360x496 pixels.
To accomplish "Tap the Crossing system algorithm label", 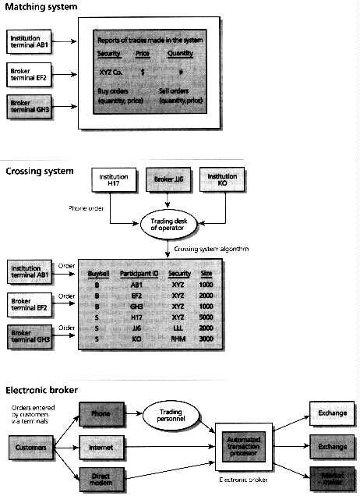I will coord(208,247).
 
